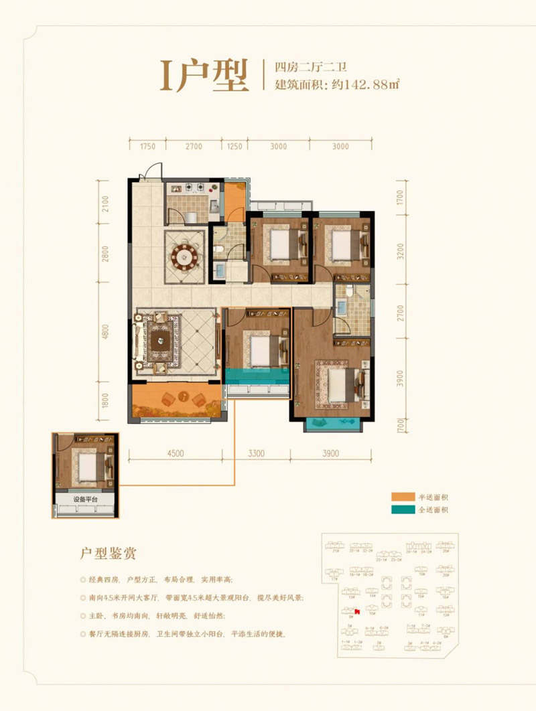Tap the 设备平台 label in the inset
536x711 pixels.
pos(85,499)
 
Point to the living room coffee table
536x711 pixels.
pos(161,339)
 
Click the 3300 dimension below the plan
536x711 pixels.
pos(256,453)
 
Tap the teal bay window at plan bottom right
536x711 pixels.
pos(332,425)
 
